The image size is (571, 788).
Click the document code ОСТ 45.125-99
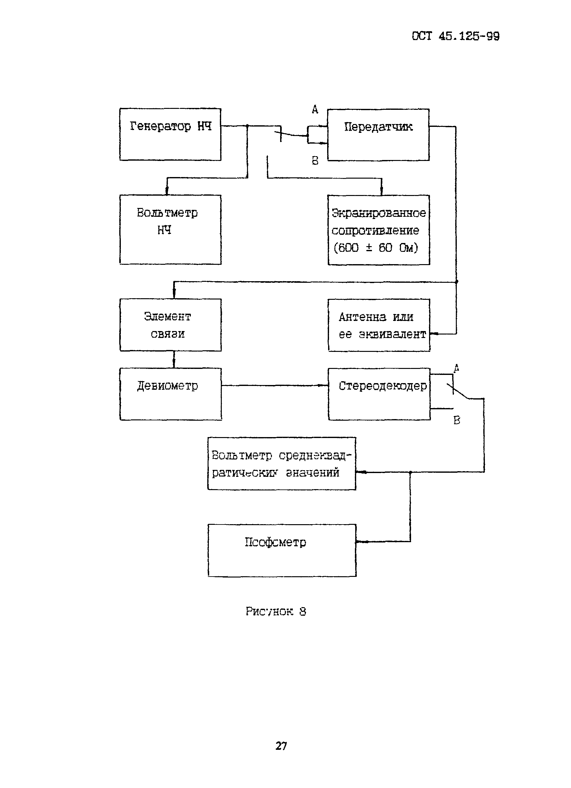455,36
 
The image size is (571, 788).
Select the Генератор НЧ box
170,134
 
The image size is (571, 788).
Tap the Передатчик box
378,135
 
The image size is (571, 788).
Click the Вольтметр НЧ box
170,229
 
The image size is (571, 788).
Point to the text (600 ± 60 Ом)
376,248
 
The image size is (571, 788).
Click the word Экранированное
379,213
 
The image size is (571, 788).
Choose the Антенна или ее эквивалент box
379,325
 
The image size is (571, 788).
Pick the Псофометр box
282,550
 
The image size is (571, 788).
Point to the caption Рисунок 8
276,612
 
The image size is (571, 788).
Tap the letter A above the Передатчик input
315,110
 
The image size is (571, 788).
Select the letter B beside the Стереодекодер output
457,420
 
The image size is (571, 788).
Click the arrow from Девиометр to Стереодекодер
274,385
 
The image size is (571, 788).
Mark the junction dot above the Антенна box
456,282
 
